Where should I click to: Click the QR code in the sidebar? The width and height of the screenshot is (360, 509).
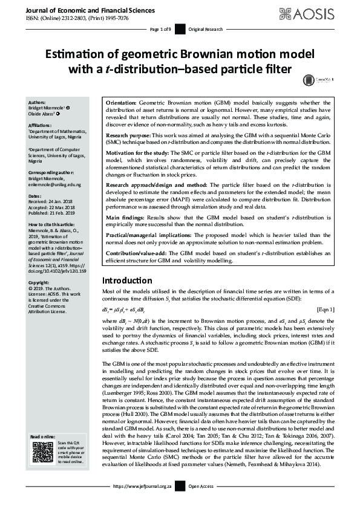point(42,453)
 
